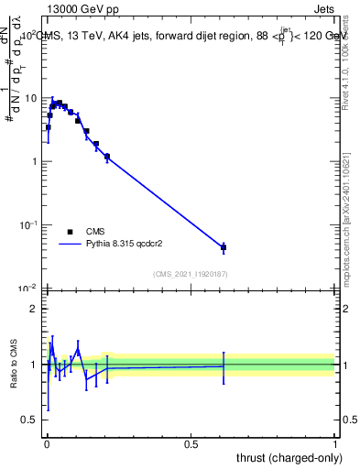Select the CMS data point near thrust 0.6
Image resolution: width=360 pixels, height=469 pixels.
224,247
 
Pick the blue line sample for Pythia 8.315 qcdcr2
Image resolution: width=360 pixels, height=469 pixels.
71,245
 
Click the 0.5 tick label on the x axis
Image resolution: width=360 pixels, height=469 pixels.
191,442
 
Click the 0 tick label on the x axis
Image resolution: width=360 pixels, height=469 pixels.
47,442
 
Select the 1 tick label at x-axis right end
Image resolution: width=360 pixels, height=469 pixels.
335,442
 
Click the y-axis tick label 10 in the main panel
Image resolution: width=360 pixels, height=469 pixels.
30,98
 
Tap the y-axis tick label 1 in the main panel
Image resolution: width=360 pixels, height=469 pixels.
34,161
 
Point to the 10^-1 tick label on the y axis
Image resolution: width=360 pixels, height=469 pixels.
27,224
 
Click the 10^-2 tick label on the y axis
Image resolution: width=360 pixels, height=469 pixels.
27,288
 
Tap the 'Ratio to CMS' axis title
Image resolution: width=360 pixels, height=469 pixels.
13,365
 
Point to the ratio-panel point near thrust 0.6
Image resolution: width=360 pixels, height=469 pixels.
224,365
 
